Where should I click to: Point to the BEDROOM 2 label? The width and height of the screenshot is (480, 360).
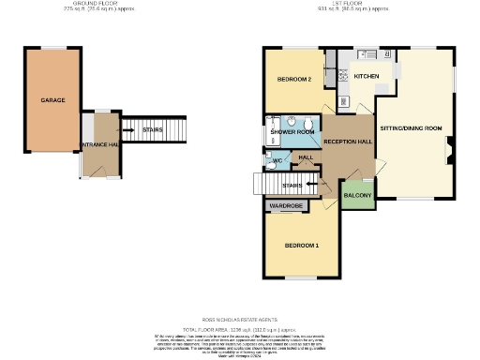pyautogui.click(x=293, y=80)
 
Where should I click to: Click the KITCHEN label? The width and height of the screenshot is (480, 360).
pyautogui.click(x=366, y=76)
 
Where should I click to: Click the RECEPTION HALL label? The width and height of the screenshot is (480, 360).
pyautogui.click(x=348, y=142)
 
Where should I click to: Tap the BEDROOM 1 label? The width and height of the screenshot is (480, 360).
pyautogui.click(x=302, y=246)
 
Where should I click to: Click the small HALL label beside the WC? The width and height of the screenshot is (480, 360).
pyautogui.click(x=306, y=157)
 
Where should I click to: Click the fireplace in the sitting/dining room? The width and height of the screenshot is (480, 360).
pyautogui.click(x=449, y=145)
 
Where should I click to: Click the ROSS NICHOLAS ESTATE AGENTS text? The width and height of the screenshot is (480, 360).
pyautogui.click(x=240, y=319)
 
